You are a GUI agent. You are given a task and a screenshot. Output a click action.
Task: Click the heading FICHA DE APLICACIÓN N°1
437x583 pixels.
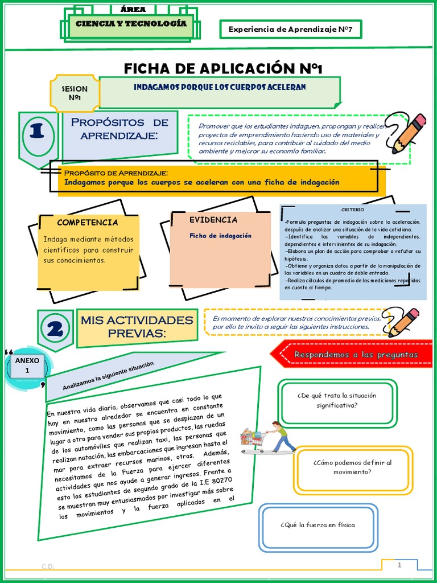click(223, 69)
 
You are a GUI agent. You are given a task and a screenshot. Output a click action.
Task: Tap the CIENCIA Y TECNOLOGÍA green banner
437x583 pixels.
click(130, 24)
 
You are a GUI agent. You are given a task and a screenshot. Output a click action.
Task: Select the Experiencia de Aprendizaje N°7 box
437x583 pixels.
click(290, 29)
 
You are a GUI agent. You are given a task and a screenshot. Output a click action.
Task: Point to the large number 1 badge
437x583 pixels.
click(38, 132)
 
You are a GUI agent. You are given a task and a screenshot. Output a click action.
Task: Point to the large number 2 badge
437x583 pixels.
click(55, 330)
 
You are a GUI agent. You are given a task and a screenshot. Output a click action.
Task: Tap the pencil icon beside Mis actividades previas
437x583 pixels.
click(403, 322)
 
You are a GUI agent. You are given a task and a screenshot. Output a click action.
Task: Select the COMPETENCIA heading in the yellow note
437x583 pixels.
click(88, 223)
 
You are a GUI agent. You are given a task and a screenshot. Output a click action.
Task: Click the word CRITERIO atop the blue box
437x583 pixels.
click(353, 210)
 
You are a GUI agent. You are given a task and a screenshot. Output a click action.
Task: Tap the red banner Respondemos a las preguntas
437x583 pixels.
click(355, 355)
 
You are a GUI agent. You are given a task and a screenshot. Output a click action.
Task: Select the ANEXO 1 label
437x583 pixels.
click(27, 365)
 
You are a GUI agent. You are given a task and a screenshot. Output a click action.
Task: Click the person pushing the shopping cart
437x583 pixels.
click(281, 437)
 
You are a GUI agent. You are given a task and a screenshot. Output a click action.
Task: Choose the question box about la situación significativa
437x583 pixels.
click(337, 401)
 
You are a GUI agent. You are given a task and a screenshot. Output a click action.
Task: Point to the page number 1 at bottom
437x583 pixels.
click(399, 565)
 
